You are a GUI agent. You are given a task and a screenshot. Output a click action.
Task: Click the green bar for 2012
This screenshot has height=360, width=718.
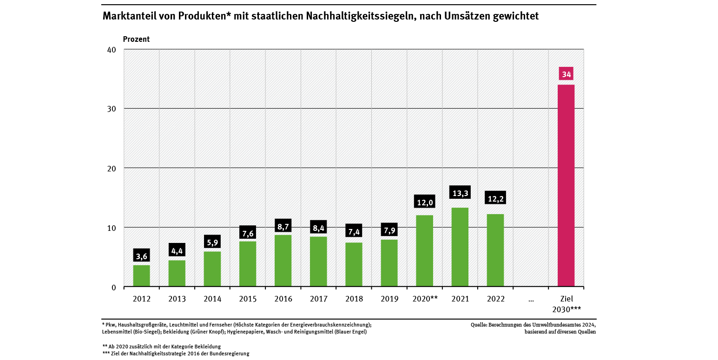tap(141, 275)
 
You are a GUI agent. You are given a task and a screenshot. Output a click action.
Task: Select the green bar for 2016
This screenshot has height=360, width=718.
tap(283, 261)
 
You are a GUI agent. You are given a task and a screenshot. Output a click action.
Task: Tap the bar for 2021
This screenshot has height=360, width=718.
tap(460, 247)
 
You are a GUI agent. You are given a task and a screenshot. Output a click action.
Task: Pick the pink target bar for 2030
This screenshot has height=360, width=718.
tap(566, 185)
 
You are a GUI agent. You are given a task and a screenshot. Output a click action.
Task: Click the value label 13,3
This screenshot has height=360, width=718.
tap(460, 192)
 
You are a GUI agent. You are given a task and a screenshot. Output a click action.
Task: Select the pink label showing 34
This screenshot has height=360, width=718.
tap(566, 74)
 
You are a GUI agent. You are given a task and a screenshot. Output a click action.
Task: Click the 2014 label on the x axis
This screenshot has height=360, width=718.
tap(212, 299)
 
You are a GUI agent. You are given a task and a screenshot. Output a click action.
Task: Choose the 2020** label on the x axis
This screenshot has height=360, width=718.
tap(425, 299)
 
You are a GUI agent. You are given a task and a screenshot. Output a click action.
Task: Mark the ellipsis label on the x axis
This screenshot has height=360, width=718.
tap(531, 299)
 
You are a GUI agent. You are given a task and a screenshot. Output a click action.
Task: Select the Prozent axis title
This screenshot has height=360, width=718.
tap(136, 39)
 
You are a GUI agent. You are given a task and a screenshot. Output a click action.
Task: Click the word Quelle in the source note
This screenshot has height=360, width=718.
tap(480, 325)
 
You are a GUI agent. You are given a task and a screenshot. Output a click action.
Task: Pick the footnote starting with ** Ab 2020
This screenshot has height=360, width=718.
tap(161, 347)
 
